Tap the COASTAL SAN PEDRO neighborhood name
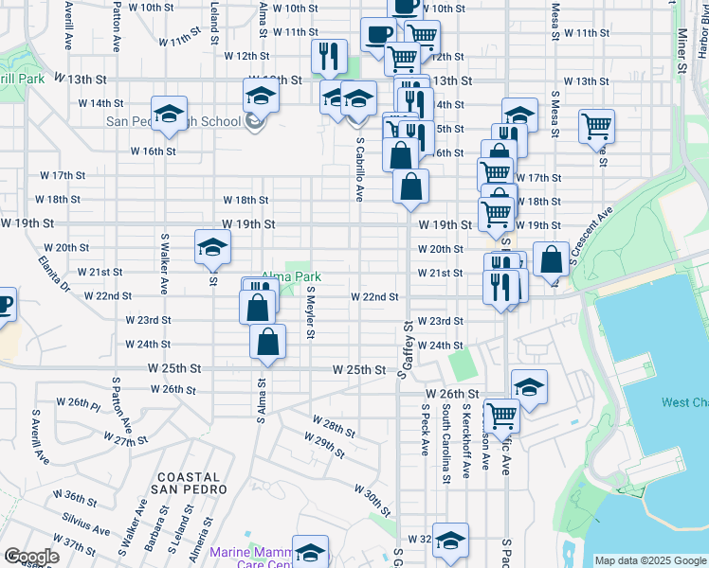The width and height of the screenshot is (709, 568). tap(189, 482)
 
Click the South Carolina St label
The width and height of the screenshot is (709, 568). tap(445, 444)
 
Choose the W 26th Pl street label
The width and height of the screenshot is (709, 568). tap(78, 402)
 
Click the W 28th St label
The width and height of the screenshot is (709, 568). tap(333, 425)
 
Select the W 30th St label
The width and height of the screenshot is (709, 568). tap(373, 498)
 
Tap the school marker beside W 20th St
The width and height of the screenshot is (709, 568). tap(212, 249)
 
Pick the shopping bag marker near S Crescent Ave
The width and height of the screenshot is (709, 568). tap(551, 258)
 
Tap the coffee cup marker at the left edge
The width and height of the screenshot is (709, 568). tap(4, 305)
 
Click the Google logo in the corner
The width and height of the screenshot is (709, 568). tap(31, 557)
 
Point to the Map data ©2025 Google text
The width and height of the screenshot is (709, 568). tap(650, 560)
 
